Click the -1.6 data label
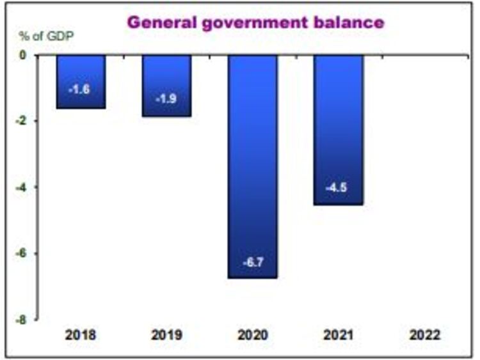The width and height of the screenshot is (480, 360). click(79, 90)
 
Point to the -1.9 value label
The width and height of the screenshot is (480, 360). click(166, 99)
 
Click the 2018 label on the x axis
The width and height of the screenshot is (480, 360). click(79, 335)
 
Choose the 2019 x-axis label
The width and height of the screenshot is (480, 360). click(166, 335)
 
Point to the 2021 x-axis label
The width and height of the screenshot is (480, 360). click(339, 335)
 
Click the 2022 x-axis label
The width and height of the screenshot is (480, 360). click(425, 335)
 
